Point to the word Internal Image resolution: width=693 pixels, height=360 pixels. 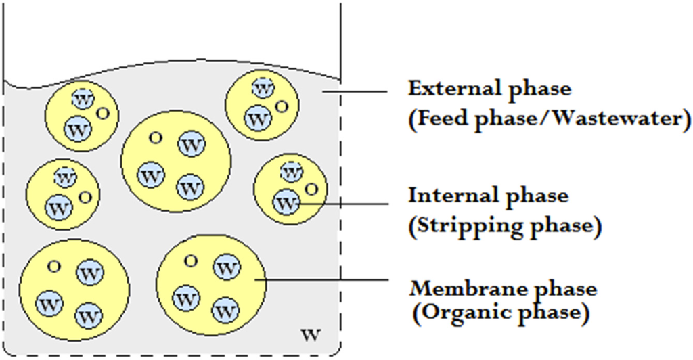tap(447, 196)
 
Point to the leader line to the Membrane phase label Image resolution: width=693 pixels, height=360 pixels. tap(325, 278)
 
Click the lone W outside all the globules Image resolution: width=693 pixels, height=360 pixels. tap(310, 334)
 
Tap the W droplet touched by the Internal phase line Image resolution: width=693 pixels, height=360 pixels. tap(287, 202)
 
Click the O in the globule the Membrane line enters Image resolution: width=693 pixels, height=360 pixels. tap(191, 260)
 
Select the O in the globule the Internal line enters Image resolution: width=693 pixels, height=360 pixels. tap(311, 188)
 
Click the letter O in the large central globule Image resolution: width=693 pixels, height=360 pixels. tap(155, 137)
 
